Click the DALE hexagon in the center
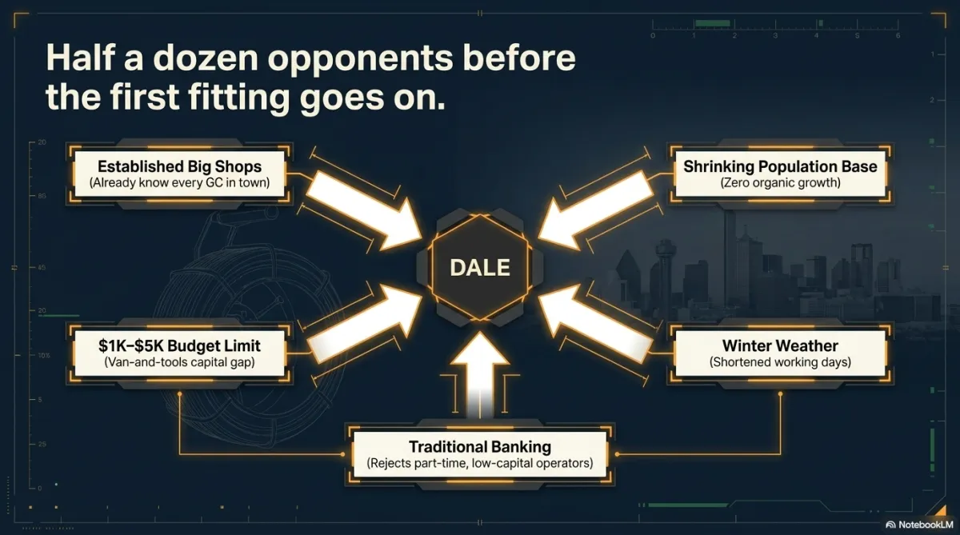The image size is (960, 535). tap(480, 267)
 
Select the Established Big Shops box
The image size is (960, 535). tap(179, 174)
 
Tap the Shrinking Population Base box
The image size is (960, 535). tap(780, 174)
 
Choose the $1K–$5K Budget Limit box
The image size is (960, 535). tap(179, 353)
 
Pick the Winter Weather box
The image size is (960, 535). tap(780, 353)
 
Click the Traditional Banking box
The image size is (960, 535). tap(480, 454)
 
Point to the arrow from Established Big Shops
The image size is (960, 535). tap(364, 210)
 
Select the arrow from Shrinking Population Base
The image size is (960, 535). tap(596, 210)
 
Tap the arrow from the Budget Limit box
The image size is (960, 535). tap(364, 324)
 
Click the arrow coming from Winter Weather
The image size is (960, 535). tap(596, 324)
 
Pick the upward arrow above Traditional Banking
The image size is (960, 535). tap(480, 375)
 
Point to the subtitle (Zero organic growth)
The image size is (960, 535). tap(780, 183)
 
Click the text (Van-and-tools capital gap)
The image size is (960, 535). tap(179, 362)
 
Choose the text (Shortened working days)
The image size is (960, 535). tap(780, 362)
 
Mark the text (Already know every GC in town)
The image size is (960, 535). tap(179, 183)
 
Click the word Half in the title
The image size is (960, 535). tap(80, 58)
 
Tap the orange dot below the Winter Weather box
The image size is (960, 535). tap(780, 393)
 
